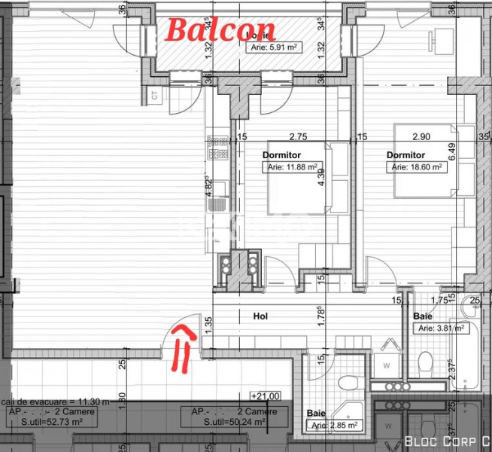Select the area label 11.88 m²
(x=292, y=167)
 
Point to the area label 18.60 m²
(x=417, y=167)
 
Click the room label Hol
(x=261, y=317)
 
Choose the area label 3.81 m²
(x=442, y=328)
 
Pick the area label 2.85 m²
(x=334, y=426)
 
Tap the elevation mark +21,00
(x=266, y=395)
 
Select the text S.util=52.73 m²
(x=44, y=422)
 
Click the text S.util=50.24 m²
(x=234, y=422)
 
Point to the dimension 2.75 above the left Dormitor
(x=299, y=137)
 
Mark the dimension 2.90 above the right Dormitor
(x=421, y=137)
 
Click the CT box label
(x=154, y=96)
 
